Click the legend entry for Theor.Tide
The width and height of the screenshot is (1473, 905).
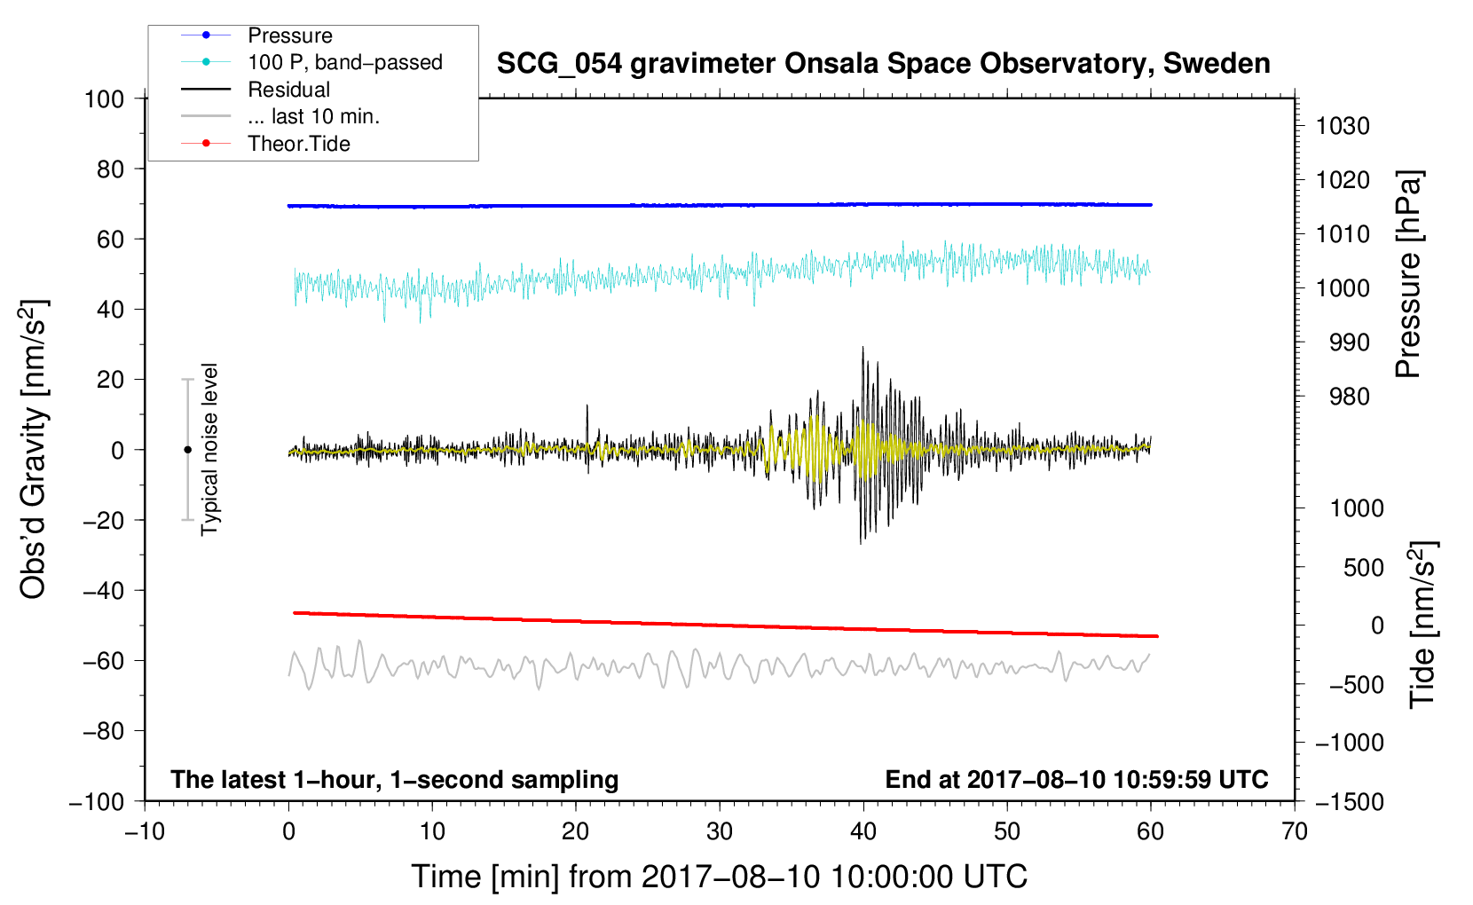coord(298,144)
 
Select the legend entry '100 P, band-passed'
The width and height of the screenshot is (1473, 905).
coord(344,62)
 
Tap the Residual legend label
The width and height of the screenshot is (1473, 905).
coord(288,90)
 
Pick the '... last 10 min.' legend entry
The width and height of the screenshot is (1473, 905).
coord(313,116)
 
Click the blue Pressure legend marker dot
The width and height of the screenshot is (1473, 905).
coord(206,35)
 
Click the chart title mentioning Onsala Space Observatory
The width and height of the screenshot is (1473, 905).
coord(883,63)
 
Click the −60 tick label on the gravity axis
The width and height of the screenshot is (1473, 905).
coord(103,660)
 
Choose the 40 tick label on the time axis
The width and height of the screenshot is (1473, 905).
coord(863,832)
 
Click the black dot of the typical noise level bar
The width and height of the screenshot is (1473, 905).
coord(187,450)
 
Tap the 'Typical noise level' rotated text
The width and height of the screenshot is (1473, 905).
coord(209,449)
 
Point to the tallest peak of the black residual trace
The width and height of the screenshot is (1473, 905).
coord(863,348)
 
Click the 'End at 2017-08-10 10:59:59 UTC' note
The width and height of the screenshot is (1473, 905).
coord(1076,779)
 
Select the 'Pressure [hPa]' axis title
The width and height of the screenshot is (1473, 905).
coord(1408,274)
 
